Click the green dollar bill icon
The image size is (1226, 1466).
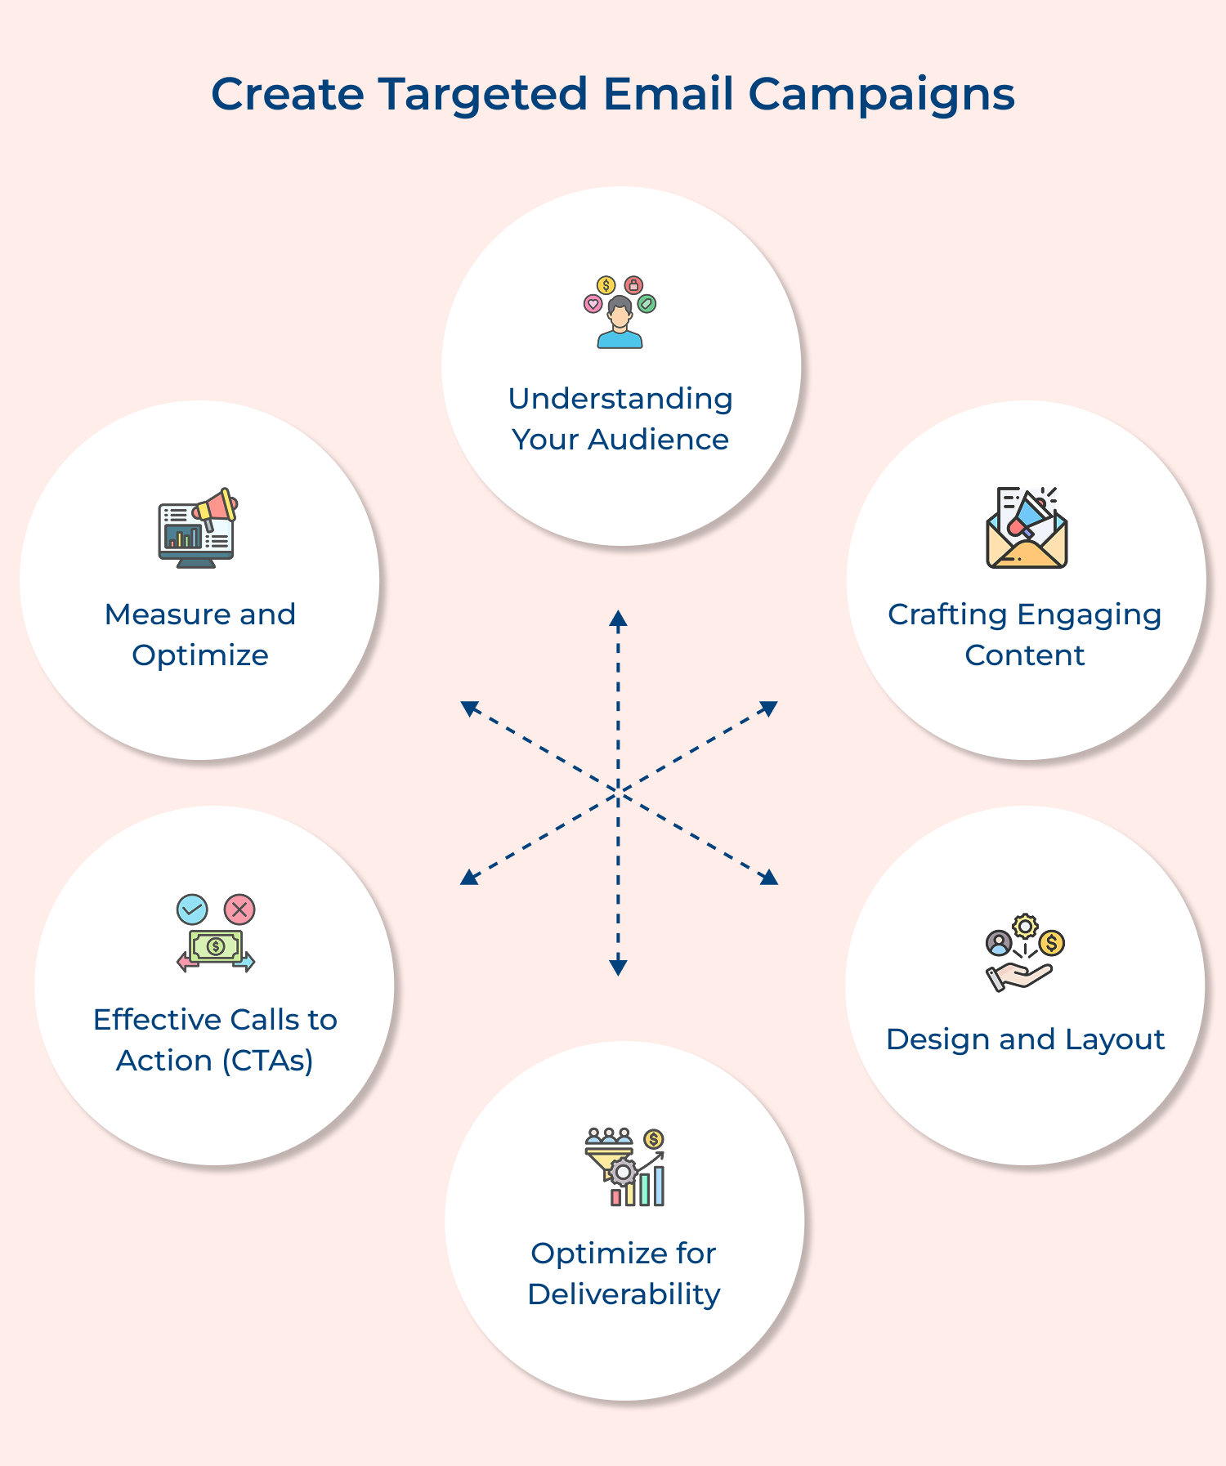[x=216, y=946]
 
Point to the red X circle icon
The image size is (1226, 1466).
[x=239, y=909]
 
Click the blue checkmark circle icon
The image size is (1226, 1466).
[x=192, y=909]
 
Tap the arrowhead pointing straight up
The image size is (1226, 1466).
[x=618, y=618]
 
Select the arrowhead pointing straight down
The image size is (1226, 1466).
[x=618, y=968]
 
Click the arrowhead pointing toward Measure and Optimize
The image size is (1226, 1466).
[x=469, y=708]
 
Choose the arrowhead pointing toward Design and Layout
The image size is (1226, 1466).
[x=769, y=878]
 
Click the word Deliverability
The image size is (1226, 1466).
[x=624, y=1294]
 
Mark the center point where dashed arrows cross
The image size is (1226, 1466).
[x=618, y=792]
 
